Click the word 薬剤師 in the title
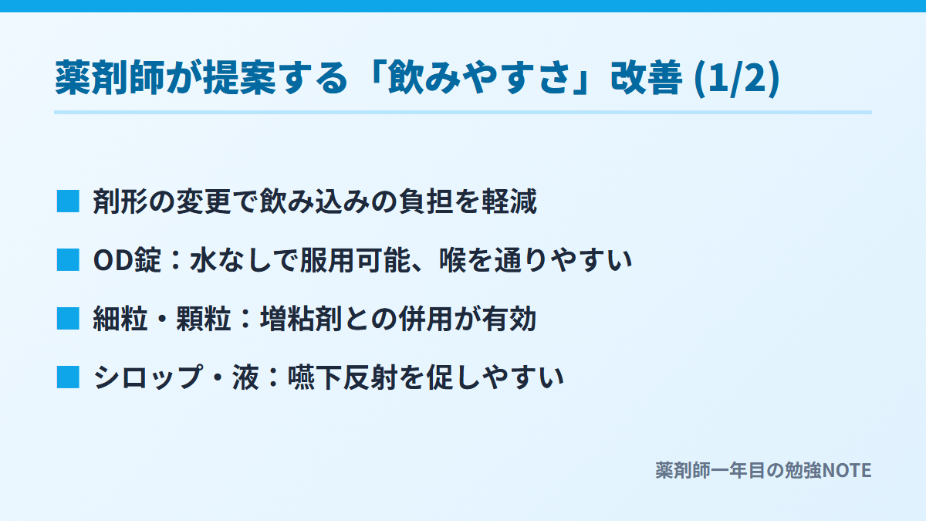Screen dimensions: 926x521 (110, 78)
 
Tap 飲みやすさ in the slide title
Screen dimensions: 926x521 (479, 78)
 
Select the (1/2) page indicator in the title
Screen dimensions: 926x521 (737, 79)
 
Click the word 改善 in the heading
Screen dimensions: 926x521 (646, 78)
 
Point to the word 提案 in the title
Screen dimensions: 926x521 (239, 78)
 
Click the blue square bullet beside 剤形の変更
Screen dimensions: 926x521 (68, 201)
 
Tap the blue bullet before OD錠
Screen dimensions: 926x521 (68, 260)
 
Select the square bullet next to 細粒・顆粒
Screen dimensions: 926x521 (68, 319)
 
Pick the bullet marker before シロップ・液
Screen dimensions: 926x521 (68, 377)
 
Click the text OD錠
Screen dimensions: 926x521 (127, 260)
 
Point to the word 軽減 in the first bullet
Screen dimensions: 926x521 (509, 201)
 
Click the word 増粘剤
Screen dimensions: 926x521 (301, 319)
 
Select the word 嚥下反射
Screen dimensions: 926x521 (343, 377)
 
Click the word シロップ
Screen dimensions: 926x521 (148, 377)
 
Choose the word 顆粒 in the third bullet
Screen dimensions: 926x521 (204, 319)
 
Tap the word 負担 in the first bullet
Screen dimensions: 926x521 (426, 201)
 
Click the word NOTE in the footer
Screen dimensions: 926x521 (847, 470)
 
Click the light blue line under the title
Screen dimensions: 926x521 (463, 113)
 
